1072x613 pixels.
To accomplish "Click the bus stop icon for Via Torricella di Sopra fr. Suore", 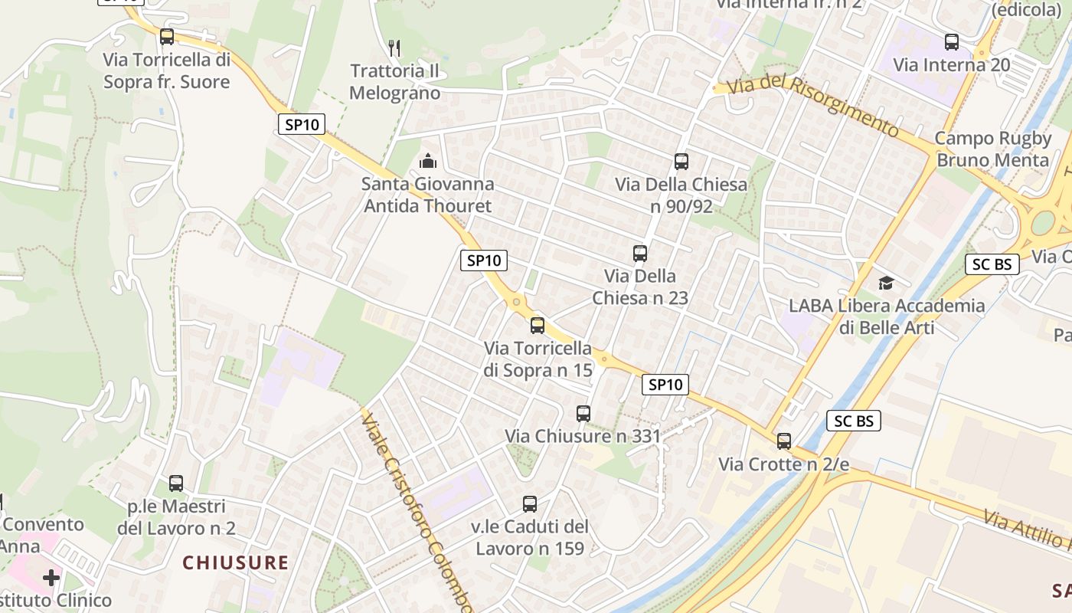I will (167, 36).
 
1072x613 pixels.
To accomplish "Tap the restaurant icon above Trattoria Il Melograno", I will (394, 48).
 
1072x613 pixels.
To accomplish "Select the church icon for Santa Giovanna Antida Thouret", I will (427, 161).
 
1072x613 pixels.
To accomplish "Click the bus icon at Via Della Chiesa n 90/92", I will (681, 162).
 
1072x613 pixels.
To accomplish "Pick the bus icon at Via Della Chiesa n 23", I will (640, 253).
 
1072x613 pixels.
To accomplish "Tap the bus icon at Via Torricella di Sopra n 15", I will (538, 326).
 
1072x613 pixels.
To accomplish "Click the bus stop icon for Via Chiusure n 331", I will (583, 414).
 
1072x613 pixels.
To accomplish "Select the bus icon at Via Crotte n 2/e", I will (784, 441).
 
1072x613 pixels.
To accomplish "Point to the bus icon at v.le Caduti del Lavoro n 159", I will (530, 504).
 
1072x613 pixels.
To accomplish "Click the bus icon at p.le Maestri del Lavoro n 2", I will (176, 484).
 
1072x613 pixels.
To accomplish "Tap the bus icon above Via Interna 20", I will (952, 42).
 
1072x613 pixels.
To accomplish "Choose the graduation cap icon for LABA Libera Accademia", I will (886, 284).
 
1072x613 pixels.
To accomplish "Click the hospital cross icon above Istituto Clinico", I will (51, 577).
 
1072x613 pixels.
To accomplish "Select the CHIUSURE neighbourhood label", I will (235, 563).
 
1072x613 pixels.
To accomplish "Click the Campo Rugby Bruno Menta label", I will (993, 149).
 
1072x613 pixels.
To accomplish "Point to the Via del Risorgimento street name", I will (813, 107).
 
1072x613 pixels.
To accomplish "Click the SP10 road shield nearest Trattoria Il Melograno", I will (302, 124).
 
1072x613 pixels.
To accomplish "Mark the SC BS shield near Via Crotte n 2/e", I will (854, 421).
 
